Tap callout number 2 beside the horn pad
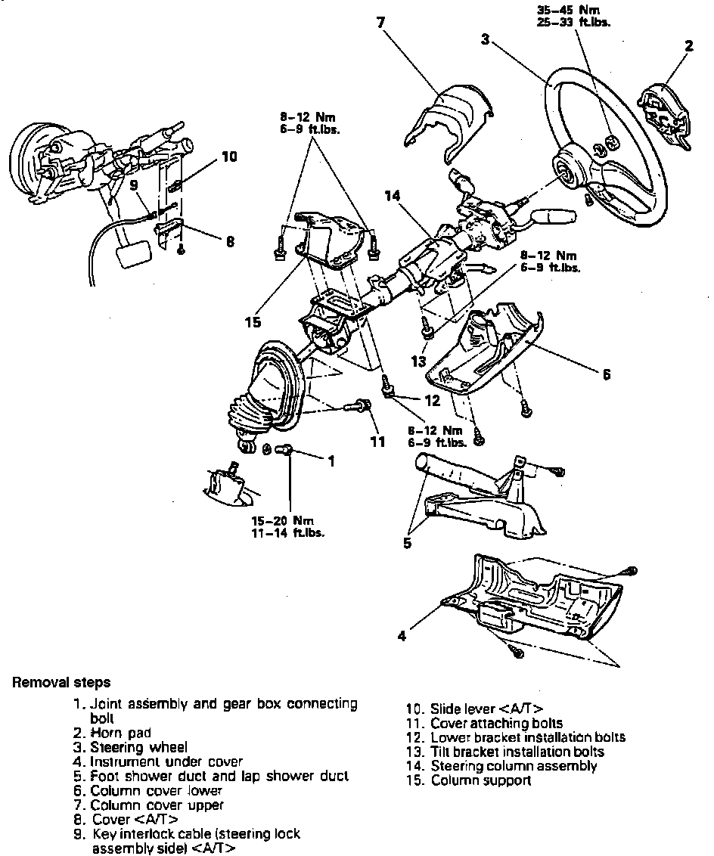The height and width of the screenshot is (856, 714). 689,45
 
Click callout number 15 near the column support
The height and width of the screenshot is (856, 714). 253,322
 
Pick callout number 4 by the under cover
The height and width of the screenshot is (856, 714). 402,636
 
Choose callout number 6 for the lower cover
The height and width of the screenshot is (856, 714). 607,374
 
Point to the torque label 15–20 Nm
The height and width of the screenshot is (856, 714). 282,520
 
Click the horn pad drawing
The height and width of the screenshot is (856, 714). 663,113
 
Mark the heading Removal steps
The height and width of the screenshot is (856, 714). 61,683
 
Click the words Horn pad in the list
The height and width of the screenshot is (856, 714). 121,733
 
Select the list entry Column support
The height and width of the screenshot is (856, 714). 480,780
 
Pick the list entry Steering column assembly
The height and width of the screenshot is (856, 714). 514,766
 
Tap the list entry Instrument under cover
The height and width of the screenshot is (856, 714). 166,761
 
